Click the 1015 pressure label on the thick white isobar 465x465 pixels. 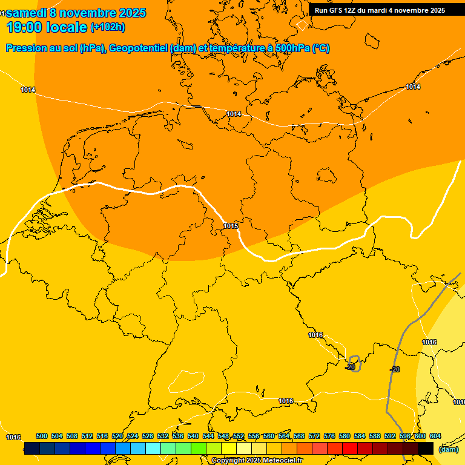[230, 226]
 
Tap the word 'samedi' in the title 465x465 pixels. [27, 13]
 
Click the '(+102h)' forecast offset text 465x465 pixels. [108, 27]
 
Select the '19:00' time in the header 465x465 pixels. [24, 27]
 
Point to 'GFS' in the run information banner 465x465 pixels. [337, 10]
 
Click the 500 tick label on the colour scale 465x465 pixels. [42, 436]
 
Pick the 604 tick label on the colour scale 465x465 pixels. [435, 436]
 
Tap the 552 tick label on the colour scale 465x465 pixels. [239, 436]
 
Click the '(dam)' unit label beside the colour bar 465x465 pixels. [448, 449]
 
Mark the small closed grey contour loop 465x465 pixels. [354, 363]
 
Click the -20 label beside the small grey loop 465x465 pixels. [350, 367]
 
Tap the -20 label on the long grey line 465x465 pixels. [395, 369]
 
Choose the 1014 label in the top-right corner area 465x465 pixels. [413, 87]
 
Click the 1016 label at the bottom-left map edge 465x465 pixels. [13, 437]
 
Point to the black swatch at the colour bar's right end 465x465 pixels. [426, 448]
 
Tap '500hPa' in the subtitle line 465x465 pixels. [292, 48]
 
